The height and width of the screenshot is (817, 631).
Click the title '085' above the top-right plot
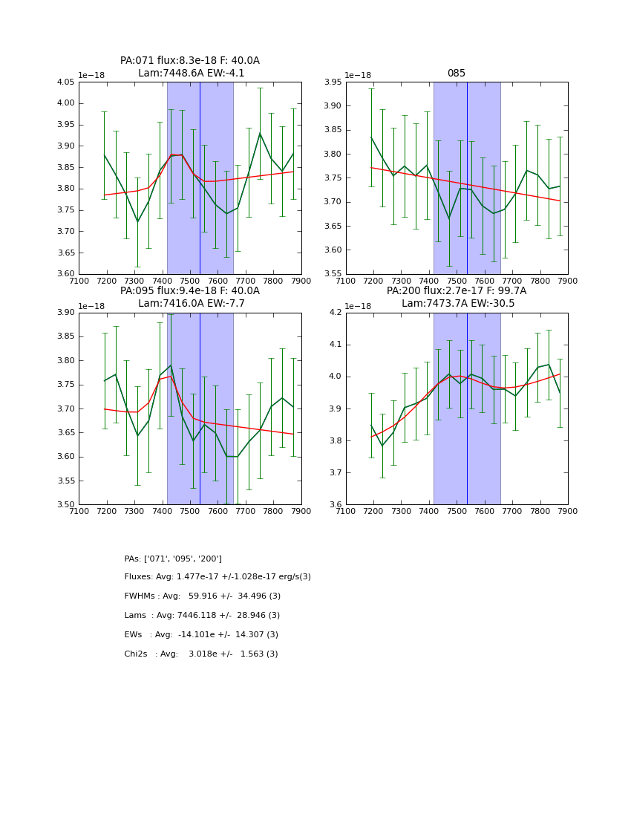(x=457, y=74)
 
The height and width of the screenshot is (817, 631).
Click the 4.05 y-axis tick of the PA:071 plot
(x=65, y=82)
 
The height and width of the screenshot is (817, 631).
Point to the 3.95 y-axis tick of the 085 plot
(x=332, y=82)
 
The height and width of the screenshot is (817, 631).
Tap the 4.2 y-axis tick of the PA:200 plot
(x=335, y=313)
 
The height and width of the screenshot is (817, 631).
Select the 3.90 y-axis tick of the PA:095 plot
(x=65, y=313)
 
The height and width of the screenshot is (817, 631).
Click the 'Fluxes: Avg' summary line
(x=218, y=577)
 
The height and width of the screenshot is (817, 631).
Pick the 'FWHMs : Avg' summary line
(x=203, y=596)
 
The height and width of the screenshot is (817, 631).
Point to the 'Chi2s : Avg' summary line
(x=201, y=654)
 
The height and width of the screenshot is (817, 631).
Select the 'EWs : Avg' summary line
(x=201, y=635)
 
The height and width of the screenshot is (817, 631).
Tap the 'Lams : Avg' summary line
(x=202, y=616)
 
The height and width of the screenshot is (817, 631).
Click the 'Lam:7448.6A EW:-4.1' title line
(x=191, y=74)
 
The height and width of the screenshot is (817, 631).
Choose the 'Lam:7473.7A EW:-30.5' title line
(x=457, y=304)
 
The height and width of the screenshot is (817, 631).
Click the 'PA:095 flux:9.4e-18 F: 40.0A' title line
(x=190, y=291)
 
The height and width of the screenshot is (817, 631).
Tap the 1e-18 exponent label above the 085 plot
(x=358, y=75)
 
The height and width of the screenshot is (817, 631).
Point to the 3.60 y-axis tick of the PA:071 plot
(x=65, y=274)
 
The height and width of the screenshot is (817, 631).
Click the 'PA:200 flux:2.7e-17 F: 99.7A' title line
(x=457, y=291)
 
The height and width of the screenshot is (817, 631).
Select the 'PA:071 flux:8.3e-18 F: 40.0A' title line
(x=190, y=61)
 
